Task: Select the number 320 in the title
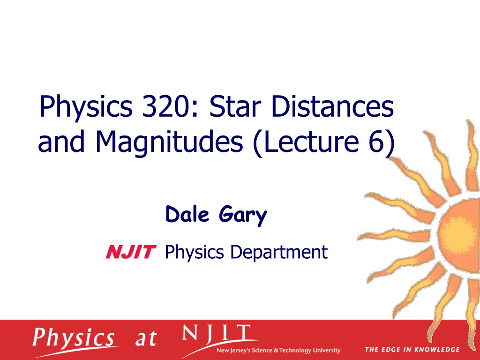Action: (x=168, y=106)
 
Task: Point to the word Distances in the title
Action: (x=332, y=106)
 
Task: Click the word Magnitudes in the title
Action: (x=169, y=142)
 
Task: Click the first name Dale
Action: (x=187, y=214)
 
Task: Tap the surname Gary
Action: (x=243, y=216)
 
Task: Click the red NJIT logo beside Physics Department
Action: (x=131, y=252)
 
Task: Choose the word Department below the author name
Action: (x=279, y=253)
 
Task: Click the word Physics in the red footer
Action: (x=74, y=338)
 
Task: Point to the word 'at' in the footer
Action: (x=146, y=338)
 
